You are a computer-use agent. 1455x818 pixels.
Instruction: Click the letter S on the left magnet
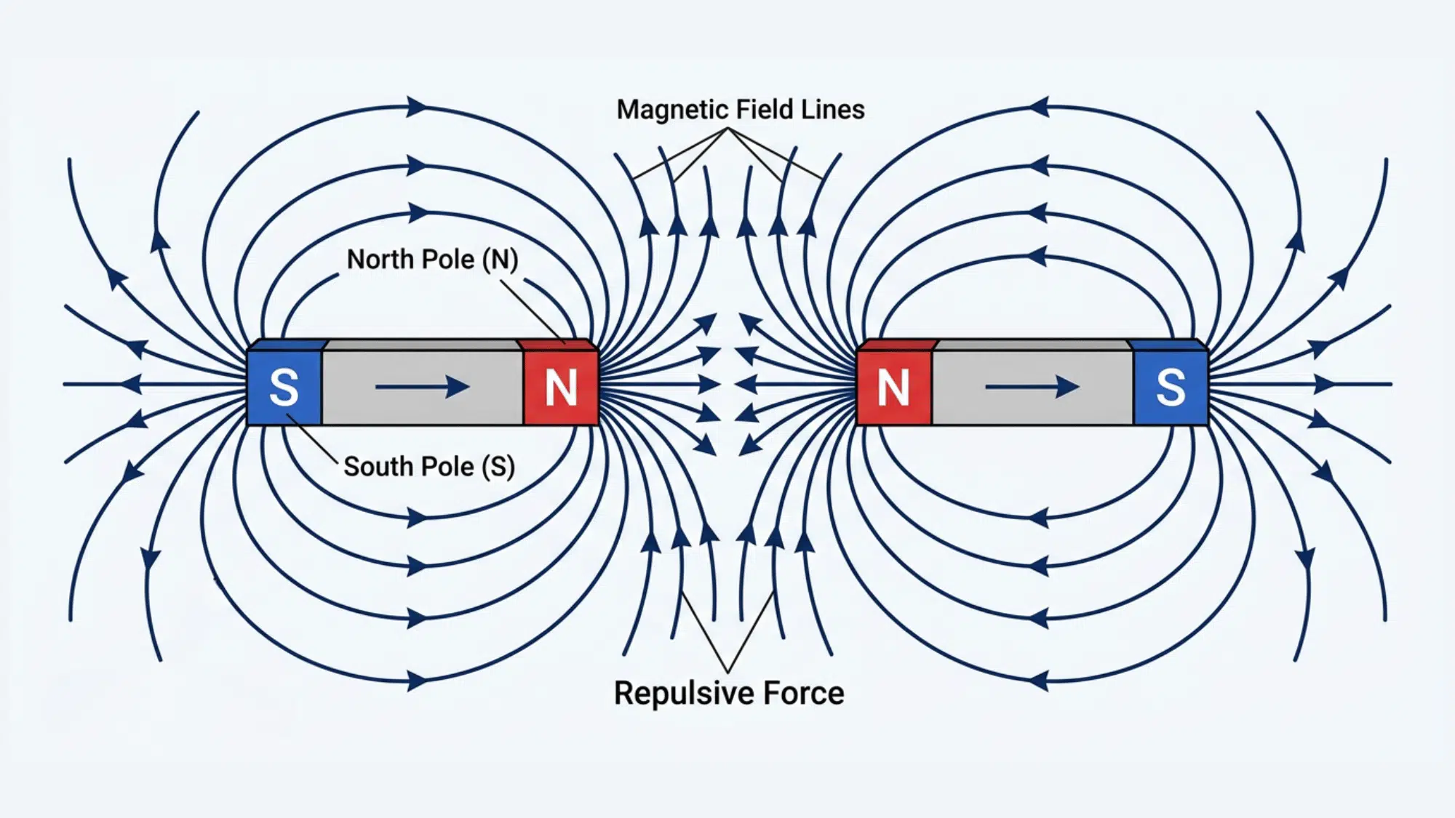(x=284, y=387)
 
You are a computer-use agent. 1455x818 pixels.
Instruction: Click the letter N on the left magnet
(x=561, y=387)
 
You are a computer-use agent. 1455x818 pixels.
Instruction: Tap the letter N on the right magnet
(x=893, y=387)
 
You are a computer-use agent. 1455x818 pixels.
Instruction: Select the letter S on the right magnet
(x=1171, y=387)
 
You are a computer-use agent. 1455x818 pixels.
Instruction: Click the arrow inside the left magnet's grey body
(x=422, y=387)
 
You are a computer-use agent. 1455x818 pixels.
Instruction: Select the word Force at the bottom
(x=804, y=694)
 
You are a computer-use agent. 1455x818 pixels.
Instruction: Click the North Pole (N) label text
(x=432, y=260)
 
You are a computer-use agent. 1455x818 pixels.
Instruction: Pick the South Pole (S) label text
(x=429, y=467)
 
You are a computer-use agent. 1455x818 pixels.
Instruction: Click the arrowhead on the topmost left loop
(x=418, y=107)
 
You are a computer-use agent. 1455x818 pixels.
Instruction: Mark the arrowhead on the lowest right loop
(x=1039, y=681)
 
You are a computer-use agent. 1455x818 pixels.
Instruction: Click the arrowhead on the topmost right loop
(x=1039, y=107)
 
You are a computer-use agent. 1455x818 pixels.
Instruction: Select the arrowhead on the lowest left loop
(x=418, y=681)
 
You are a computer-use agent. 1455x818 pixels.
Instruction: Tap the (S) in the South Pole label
(x=498, y=467)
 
